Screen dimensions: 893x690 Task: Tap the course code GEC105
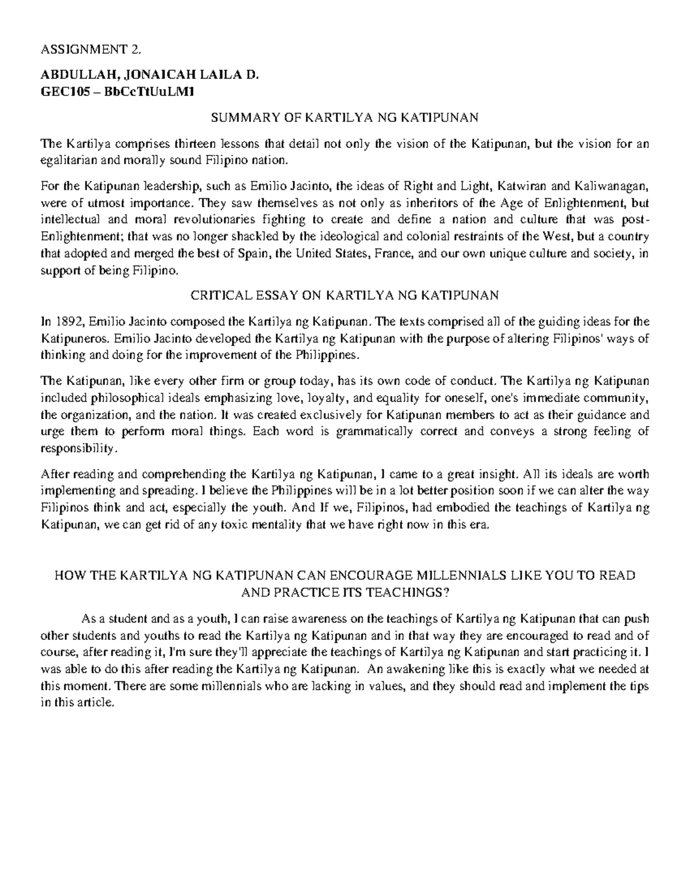pyautogui.click(x=60, y=90)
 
